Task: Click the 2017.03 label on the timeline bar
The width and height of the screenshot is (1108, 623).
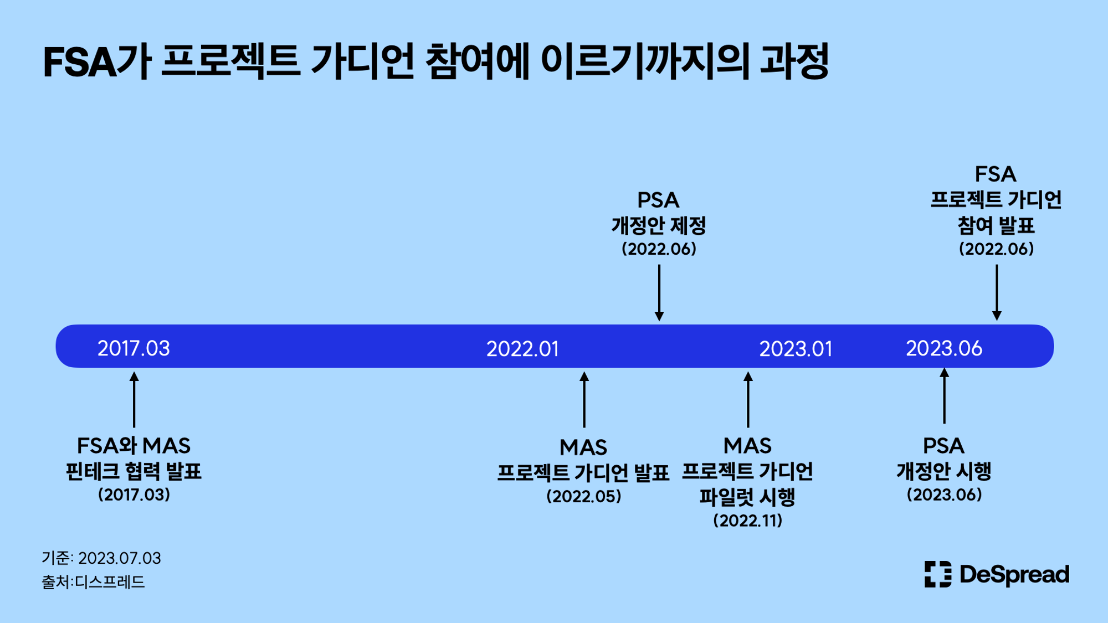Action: tap(134, 348)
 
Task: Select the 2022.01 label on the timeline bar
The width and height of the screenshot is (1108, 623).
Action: tap(522, 349)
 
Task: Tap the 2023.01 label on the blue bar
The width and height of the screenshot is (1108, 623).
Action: tap(796, 349)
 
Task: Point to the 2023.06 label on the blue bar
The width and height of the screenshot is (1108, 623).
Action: tap(944, 348)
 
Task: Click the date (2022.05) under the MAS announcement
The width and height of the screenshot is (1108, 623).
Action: tap(584, 496)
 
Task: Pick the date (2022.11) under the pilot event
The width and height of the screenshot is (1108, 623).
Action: tap(748, 521)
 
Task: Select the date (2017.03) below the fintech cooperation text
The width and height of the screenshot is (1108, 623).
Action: tap(134, 495)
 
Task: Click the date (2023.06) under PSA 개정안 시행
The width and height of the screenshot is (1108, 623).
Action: tap(944, 495)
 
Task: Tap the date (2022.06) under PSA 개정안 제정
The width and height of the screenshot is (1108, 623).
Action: tap(659, 249)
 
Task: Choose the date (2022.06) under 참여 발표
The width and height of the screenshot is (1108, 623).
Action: tap(996, 249)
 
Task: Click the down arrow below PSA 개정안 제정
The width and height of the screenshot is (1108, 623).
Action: tap(659, 293)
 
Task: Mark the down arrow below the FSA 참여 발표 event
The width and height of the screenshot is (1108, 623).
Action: tap(997, 292)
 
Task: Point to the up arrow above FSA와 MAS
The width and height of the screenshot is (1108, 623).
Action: tap(134, 399)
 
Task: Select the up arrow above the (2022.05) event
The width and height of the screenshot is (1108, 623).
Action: tap(584, 399)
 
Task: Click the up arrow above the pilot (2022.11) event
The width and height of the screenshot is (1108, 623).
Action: tap(748, 399)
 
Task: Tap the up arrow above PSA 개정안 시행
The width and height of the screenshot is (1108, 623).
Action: tap(945, 395)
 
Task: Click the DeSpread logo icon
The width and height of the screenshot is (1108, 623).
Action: tap(938, 574)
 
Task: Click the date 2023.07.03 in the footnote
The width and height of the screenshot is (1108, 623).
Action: tap(120, 558)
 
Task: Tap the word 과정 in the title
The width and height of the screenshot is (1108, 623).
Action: tap(794, 61)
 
